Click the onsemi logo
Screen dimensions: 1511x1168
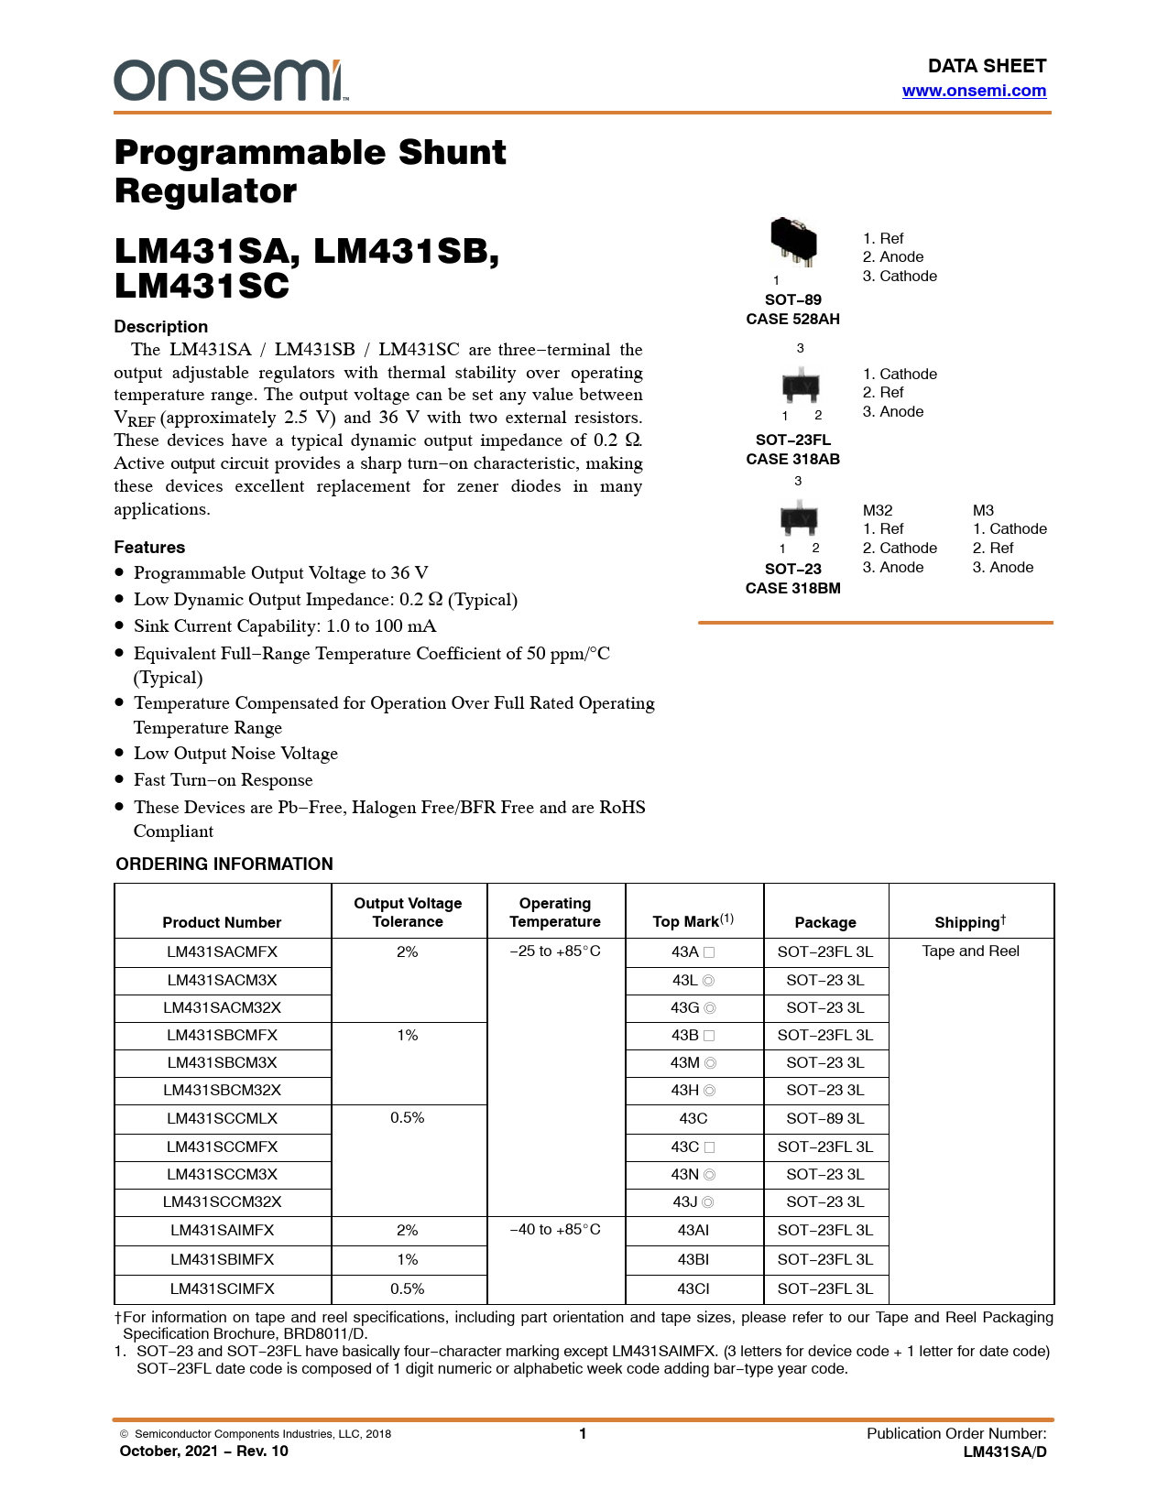[x=230, y=81]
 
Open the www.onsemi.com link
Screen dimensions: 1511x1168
[x=974, y=91]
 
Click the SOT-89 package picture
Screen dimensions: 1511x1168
[x=793, y=242]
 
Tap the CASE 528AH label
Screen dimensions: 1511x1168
[x=792, y=319]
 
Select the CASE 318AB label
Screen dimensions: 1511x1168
[x=792, y=459]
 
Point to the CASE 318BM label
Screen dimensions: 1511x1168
[x=792, y=588]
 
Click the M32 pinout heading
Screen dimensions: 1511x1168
[x=878, y=510]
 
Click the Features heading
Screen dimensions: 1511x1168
[x=149, y=548]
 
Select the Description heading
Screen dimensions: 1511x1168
[x=160, y=327]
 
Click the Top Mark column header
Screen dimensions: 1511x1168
[x=693, y=921]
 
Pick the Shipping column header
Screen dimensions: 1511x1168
[x=970, y=922]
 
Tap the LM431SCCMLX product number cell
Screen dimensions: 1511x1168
[x=222, y=1118]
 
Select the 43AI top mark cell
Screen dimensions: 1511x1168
[x=693, y=1230]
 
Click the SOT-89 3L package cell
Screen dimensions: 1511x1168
[x=825, y=1118]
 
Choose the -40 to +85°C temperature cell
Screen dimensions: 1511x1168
[x=555, y=1229]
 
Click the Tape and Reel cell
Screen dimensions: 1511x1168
[x=970, y=951]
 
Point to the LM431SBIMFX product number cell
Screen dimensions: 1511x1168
[x=222, y=1259]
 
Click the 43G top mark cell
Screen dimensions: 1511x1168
[x=693, y=1007]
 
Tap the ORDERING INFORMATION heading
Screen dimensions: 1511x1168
[x=224, y=864]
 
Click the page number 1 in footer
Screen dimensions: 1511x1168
[x=583, y=1433]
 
